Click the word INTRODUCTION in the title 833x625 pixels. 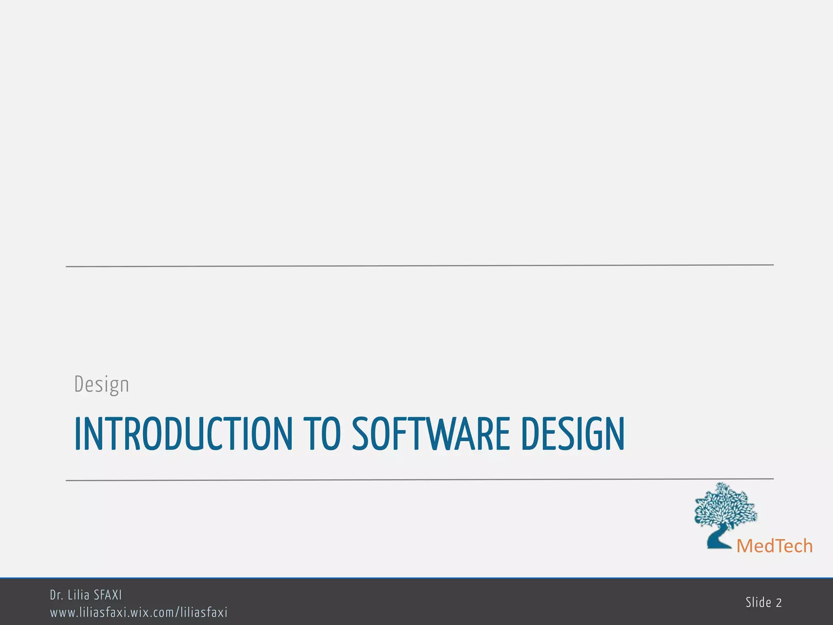[183, 434]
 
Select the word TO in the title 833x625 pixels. [324, 434]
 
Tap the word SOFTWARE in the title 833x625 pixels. [431, 434]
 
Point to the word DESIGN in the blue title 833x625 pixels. [572, 434]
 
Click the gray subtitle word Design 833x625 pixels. [102, 385]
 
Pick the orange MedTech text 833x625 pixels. [774, 546]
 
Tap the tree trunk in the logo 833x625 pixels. [717, 537]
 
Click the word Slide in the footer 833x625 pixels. [759, 602]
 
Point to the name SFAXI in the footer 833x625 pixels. [108, 595]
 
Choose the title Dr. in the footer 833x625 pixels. [56, 595]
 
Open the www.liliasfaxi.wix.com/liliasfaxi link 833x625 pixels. [139, 612]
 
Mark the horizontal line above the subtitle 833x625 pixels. [419, 266]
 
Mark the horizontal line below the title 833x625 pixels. [419, 480]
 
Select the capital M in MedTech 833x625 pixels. [746, 546]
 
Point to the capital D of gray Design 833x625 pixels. [79, 384]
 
